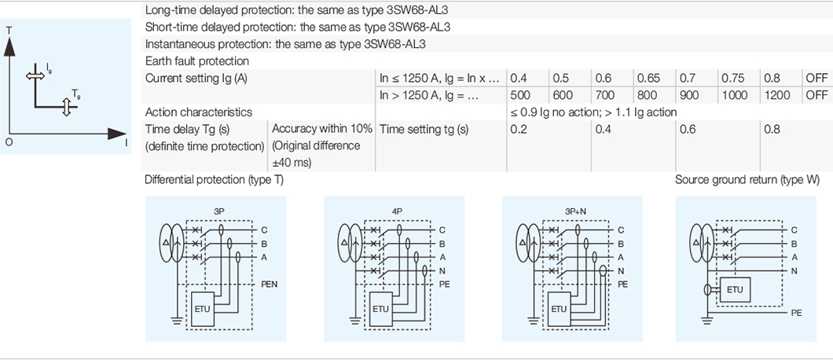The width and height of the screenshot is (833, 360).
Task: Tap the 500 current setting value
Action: [519, 95]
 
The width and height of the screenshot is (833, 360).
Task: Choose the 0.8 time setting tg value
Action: [772, 130]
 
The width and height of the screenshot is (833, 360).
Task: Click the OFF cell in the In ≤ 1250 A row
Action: [816, 78]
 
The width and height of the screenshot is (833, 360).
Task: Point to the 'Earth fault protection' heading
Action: [197, 61]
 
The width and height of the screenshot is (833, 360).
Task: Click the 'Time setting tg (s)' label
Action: [424, 130]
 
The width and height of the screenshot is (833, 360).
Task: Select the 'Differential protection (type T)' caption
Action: [214, 180]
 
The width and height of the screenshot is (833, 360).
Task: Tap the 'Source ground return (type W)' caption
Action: [747, 180]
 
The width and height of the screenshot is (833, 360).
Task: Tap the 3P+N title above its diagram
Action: [574, 211]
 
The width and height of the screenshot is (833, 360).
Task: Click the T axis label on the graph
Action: [9, 30]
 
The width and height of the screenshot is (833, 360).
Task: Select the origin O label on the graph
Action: [9, 142]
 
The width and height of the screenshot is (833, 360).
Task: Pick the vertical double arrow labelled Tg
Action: [66, 107]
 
